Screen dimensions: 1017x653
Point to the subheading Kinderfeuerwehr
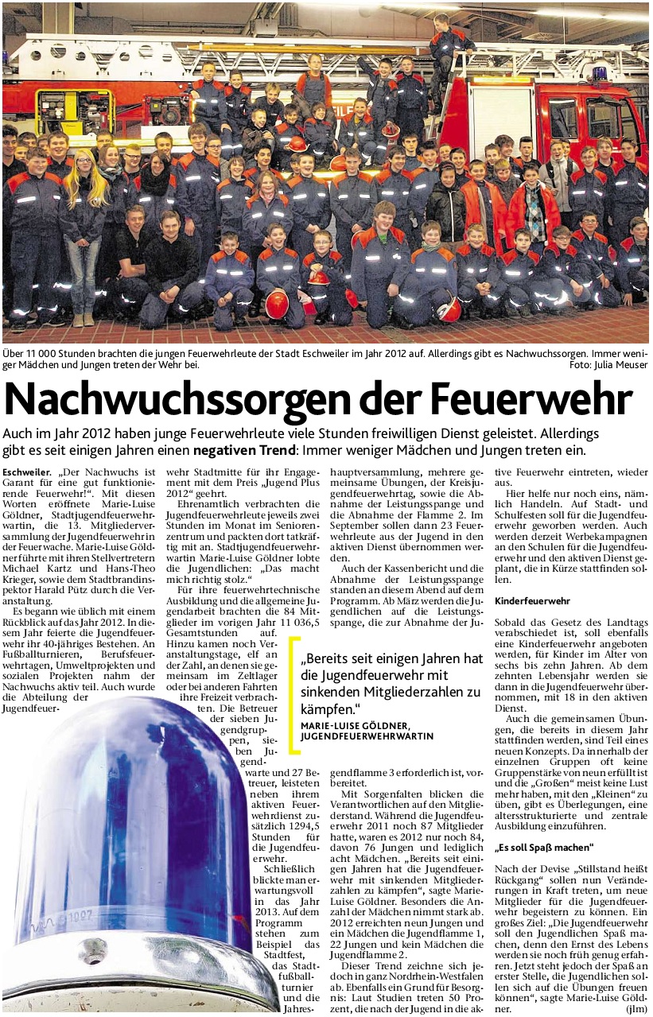(531, 602)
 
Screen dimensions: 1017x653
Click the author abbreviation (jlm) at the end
(635, 1007)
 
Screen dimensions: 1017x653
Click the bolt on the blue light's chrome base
(92, 951)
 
